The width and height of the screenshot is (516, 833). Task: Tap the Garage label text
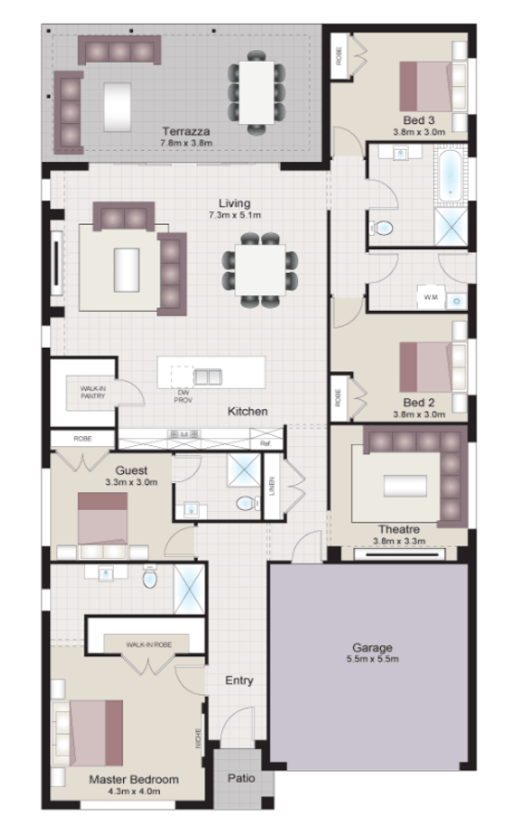(373, 647)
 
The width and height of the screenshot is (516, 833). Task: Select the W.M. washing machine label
(430, 297)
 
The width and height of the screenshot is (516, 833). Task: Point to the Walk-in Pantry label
(92, 392)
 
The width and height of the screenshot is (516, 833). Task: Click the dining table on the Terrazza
(256, 90)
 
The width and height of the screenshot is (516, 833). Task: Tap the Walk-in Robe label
(149, 642)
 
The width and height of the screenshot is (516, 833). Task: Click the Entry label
(240, 680)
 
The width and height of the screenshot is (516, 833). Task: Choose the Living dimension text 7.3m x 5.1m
(235, 215)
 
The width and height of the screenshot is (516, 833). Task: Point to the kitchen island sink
(207, 376)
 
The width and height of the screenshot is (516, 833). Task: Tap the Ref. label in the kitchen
(265, 444)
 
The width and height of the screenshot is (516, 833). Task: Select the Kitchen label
(248, 410)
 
